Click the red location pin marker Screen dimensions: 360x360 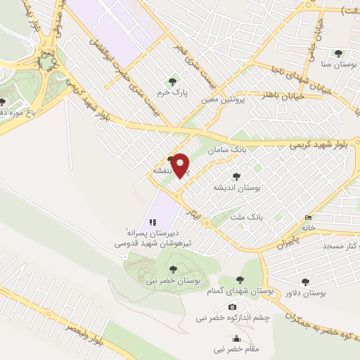pos(181,165)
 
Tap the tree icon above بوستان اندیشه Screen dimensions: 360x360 pos(236,177)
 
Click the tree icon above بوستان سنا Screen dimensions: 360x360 pos(338,53)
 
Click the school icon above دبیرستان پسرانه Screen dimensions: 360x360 pos(153,222)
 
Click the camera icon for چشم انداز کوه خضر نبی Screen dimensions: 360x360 pos(233,307)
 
